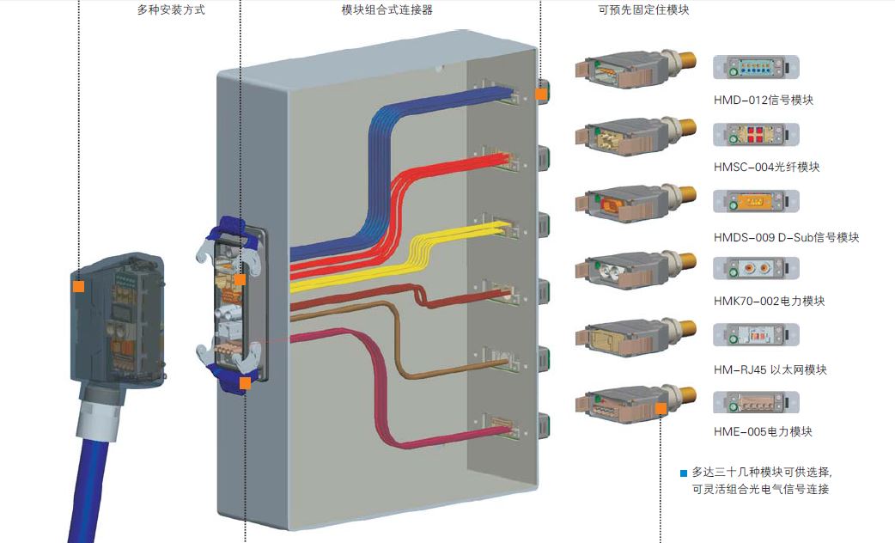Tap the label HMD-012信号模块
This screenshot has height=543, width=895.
tap(763, 100)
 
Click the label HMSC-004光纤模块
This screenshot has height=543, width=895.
tap(766, 167)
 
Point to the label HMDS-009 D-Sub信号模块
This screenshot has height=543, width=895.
tap(786, 237)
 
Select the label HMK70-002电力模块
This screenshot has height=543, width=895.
tap(769, 302)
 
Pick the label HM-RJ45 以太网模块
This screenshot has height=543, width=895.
tap(770, 369)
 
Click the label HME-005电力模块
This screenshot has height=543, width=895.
tap(763, 431)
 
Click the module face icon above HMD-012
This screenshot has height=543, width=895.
tap(756, 68)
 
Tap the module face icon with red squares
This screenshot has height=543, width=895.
tap(756, 135)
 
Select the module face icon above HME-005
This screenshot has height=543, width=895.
tap(756, 402)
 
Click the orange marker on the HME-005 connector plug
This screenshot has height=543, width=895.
tap(661, 409)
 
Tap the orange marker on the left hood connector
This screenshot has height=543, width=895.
tap(78, 286)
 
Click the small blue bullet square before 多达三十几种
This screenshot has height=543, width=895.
tap(684, 473)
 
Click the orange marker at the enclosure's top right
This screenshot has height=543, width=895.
tap(541, 94)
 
